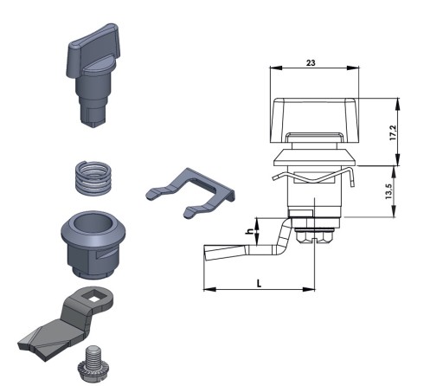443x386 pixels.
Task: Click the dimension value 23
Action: pyautogui.click(x=311, y=62)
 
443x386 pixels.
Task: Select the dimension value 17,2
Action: pyautogui.click(x=394, y=133)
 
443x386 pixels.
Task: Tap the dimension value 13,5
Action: pyautogui.click(x=388, y=191)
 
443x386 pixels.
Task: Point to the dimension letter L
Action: pyautogui.click(x=259, y=283)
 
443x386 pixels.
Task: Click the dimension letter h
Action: pyautogui.click(x=250, y=231)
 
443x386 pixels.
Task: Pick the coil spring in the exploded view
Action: pyautogui.click(x=93, y=178)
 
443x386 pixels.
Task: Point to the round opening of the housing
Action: pyautogui.click(x=93, y=223)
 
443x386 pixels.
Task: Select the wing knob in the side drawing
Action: pyautogui.click(x=314, y=120)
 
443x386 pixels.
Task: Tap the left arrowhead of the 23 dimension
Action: pyautogui.click(x=275, y=68)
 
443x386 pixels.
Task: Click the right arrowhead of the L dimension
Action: pyautogui.click(x=309, y=289)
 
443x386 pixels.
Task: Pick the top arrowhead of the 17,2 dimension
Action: pyautogui.click(x=398, y=104)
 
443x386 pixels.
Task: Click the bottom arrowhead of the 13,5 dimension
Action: pyautogui.click(x=394, y=211)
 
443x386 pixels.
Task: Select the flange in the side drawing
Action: pyautogui.click(x=315, y=158)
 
